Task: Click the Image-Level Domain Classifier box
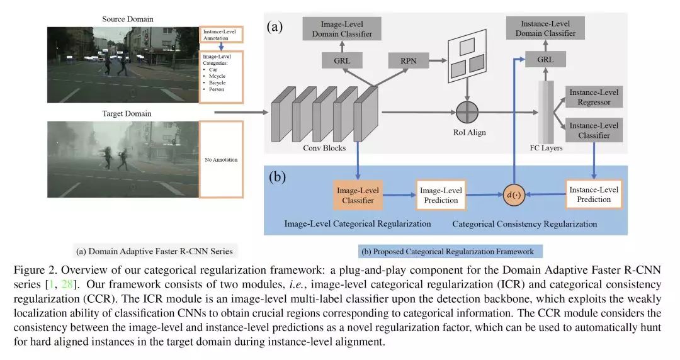[x=343, y=29]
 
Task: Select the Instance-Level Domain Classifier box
[x=545, y=29]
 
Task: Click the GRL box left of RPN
[x=343, y=60]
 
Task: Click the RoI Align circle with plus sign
[x=467, y=112]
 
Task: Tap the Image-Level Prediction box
[x=440, y=194]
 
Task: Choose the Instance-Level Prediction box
[x=594, y=194]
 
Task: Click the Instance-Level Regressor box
[x=594, y=96]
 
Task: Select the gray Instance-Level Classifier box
[x=594, y=130]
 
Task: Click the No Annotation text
[x=221, y=160]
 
